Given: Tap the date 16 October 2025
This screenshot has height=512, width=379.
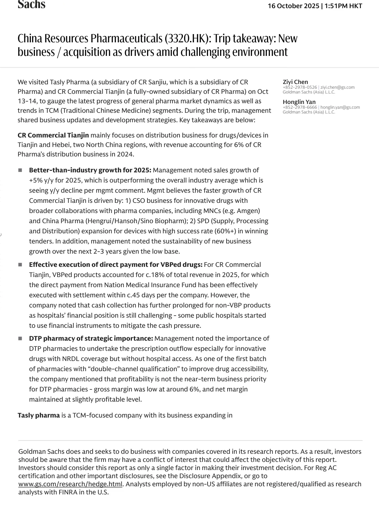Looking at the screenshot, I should click(294, 6).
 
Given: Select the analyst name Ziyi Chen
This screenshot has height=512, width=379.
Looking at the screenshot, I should click(295, 82).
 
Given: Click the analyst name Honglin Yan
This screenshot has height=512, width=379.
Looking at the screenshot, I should click(299, 102).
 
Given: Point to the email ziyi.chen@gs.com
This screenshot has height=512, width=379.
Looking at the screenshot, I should click(337, 87).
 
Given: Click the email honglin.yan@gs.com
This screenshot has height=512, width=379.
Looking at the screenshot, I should click(340, 107).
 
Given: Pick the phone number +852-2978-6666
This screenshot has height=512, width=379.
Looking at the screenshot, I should click(300, 107).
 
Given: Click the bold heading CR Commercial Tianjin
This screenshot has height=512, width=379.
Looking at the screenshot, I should click(53, 135).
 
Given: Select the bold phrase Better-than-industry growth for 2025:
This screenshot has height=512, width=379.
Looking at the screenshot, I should click(90, 170).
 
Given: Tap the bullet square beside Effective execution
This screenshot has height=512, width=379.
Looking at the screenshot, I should click(20, 264).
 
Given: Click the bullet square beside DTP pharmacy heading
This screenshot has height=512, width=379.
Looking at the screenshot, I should click(20, 338).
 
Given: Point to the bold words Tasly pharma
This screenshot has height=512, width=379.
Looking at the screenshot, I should click(39, 415).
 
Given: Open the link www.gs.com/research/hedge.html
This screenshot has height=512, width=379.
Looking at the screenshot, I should click(70, 484).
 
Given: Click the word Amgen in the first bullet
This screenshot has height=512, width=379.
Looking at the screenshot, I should click(248, 211).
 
